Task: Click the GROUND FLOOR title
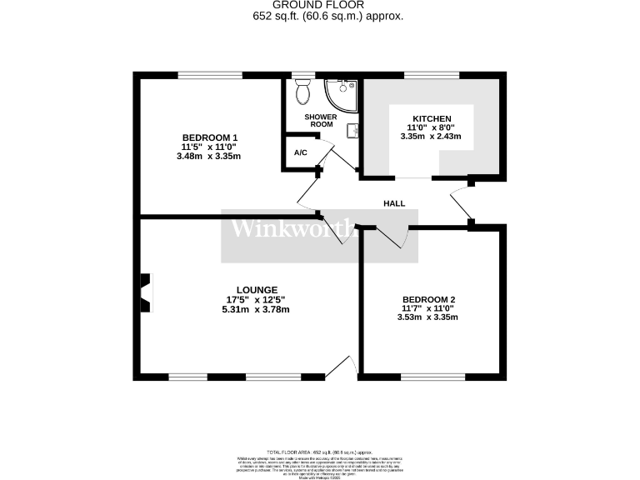[x=320, y=5]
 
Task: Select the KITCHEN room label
[x=432, y=119]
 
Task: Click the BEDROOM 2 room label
[x=429, y=299]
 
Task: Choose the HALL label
[x=394, y=203]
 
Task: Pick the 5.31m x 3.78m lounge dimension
[x=256, y=310]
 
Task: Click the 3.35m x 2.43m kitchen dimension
[x=432, y=137]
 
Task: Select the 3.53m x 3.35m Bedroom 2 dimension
[x=429, y=317]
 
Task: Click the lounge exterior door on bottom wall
[x=342, y=367]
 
